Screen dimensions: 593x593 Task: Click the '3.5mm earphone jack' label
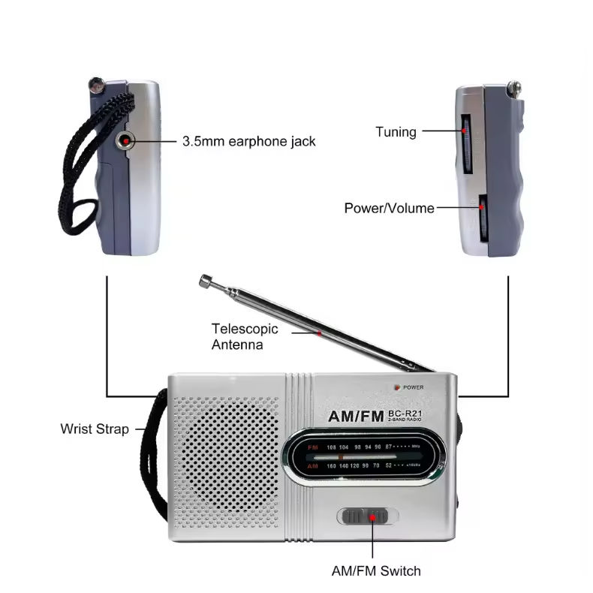click(249, 140)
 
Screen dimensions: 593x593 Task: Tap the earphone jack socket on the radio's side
click(125, 140)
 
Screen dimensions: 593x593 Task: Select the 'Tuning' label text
click(396, 132)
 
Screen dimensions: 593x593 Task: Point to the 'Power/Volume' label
click(389, 208)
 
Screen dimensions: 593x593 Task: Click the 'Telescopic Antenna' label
click(245, 336)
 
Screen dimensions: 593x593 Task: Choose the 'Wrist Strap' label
click(95, 429)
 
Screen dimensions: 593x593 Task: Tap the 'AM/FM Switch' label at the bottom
click(376, 570)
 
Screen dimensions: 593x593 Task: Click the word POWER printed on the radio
click(414, 387)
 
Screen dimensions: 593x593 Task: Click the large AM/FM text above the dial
click(356, 416)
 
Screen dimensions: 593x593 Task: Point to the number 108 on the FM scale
click(331, 447)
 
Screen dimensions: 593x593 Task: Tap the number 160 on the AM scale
click(331, 466)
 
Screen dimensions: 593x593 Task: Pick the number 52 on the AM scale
click(389, 466)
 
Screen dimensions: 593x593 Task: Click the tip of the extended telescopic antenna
click(204, 281)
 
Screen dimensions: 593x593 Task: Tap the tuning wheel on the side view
click(466, 146)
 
